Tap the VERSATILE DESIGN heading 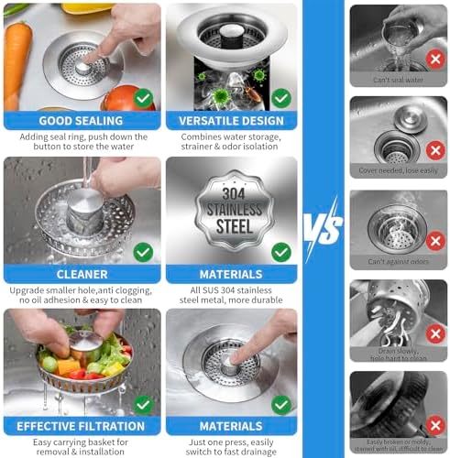click(x=232, y=119)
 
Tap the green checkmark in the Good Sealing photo click(x=143, y=97)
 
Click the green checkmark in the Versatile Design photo click(x=281, y=97)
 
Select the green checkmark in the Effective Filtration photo click(x=143, y=404)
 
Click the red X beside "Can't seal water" click(x=434, y=58)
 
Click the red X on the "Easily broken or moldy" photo click(x=434, y=425)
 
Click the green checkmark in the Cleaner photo click(x=143, y=251)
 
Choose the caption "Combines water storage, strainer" click(x=232, y=137)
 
